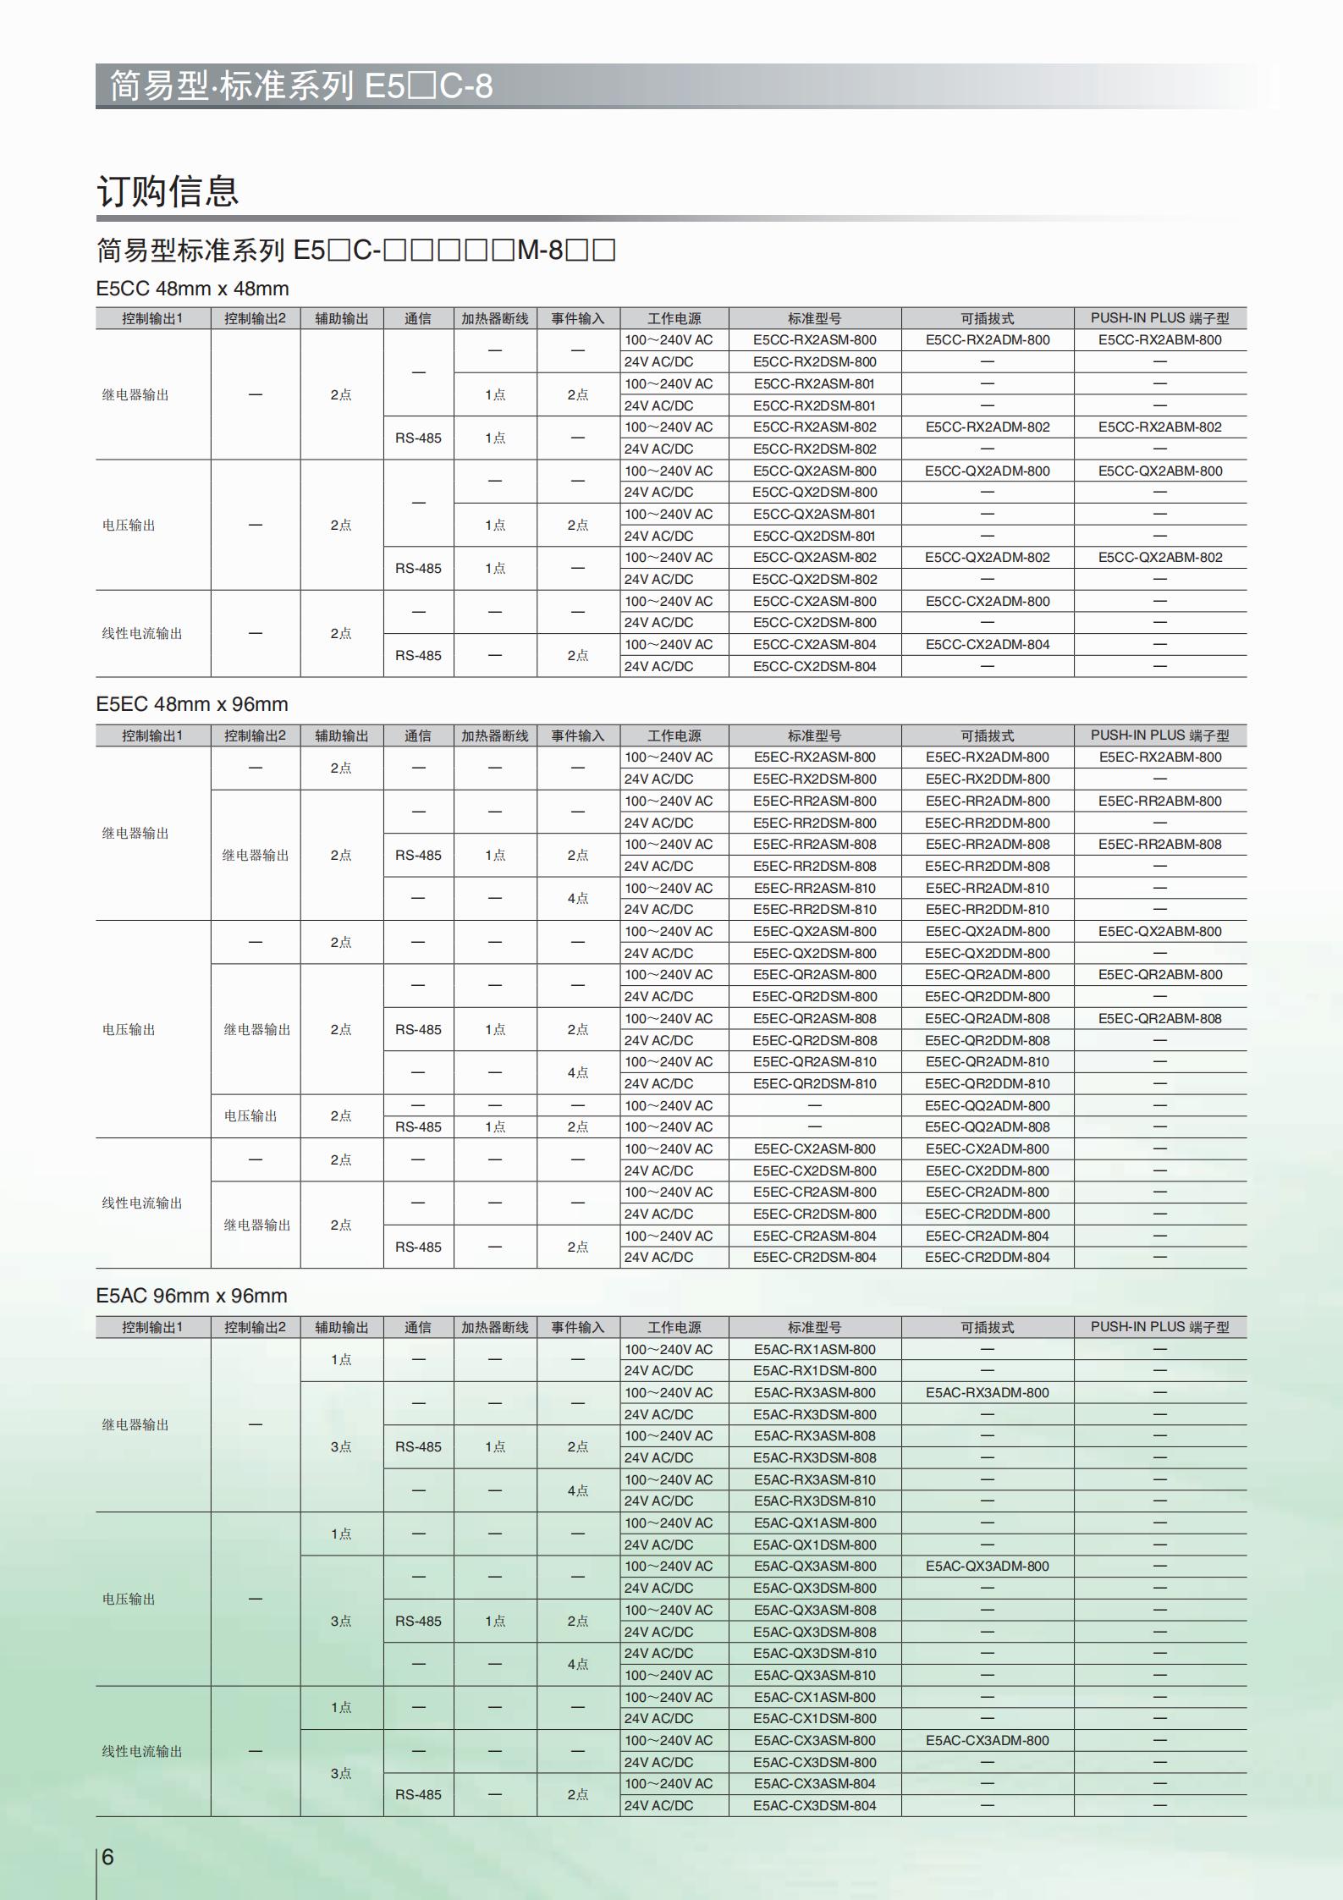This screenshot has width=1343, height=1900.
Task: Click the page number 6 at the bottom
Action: [x=107, y=1856]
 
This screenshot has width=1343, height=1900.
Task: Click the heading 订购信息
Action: [x=168, y=191]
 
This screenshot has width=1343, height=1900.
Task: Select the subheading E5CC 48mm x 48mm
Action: [x=192, y=289]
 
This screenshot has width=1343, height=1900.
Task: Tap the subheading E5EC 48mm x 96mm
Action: [x=191, y=704]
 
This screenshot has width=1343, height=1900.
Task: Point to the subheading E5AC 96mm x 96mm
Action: [x=191, y=1296]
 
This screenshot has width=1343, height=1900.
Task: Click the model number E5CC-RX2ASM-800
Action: [x=814, y=340]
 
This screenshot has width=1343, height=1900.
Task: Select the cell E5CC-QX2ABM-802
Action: [x=1159, y=558]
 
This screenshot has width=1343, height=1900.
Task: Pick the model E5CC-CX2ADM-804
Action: [x=987, y=645]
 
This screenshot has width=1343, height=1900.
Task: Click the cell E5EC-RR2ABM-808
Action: [x=1159, y=845]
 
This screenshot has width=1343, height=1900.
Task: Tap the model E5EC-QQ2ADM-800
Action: [x=987, y=1106]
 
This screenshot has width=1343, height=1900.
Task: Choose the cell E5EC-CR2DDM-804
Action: [x=987, y=1258]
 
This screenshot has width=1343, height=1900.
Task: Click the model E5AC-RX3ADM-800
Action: [x=987, y=1393]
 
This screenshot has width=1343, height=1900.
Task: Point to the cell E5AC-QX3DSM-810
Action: [x=814, y=1654]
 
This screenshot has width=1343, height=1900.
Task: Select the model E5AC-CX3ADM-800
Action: [x=987, y=1741]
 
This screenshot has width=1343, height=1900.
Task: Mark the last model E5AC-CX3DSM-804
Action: [x=814, y=1806]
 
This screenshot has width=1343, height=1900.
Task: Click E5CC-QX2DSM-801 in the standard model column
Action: [x=814, y=536]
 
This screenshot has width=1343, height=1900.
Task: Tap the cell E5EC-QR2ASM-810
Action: [x=814, y=1062]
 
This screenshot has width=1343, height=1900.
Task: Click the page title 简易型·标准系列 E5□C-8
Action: [x=301, y=86]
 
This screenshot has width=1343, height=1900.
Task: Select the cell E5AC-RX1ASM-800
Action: [x=814, y=1350]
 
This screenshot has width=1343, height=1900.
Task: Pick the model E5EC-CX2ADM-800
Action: [x=987, y=1149]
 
